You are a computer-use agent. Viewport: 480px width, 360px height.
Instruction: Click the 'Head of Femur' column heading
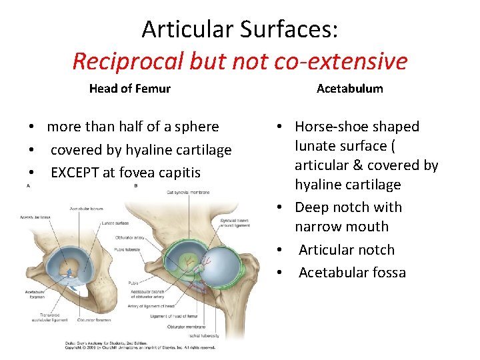point(130,89)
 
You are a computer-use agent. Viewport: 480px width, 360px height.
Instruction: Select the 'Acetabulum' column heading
point(350,89)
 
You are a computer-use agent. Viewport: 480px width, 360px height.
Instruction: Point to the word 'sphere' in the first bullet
point(196,127)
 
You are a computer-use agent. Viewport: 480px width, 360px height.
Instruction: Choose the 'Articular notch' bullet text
point(347,250)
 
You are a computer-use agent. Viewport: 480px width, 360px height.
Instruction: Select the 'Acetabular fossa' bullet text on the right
point(352,273)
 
